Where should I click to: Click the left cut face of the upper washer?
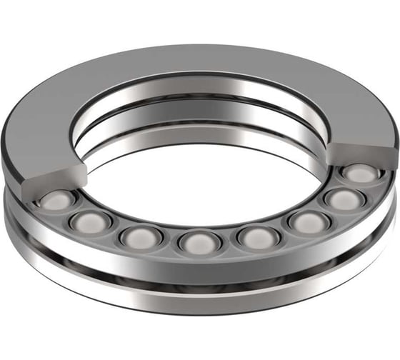pyautogui.click(x=59, y=176)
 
